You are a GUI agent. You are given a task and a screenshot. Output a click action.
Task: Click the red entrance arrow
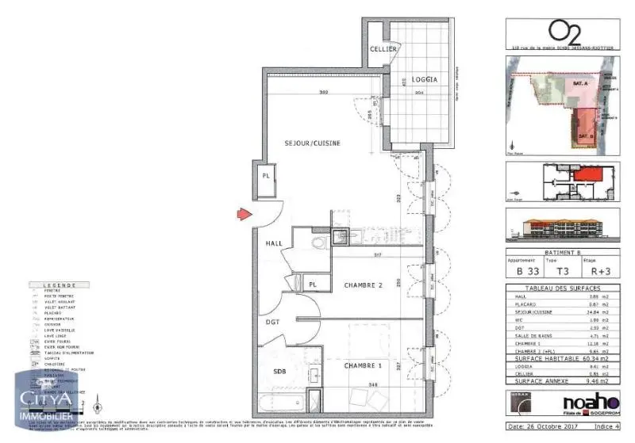244,214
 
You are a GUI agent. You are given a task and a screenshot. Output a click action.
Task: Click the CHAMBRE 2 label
364,285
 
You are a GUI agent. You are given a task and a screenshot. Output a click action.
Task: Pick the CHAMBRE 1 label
364,366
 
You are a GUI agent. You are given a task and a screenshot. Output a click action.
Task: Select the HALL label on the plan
274,243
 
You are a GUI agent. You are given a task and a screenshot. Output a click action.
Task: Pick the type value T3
560,270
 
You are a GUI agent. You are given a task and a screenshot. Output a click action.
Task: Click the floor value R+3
595,270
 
